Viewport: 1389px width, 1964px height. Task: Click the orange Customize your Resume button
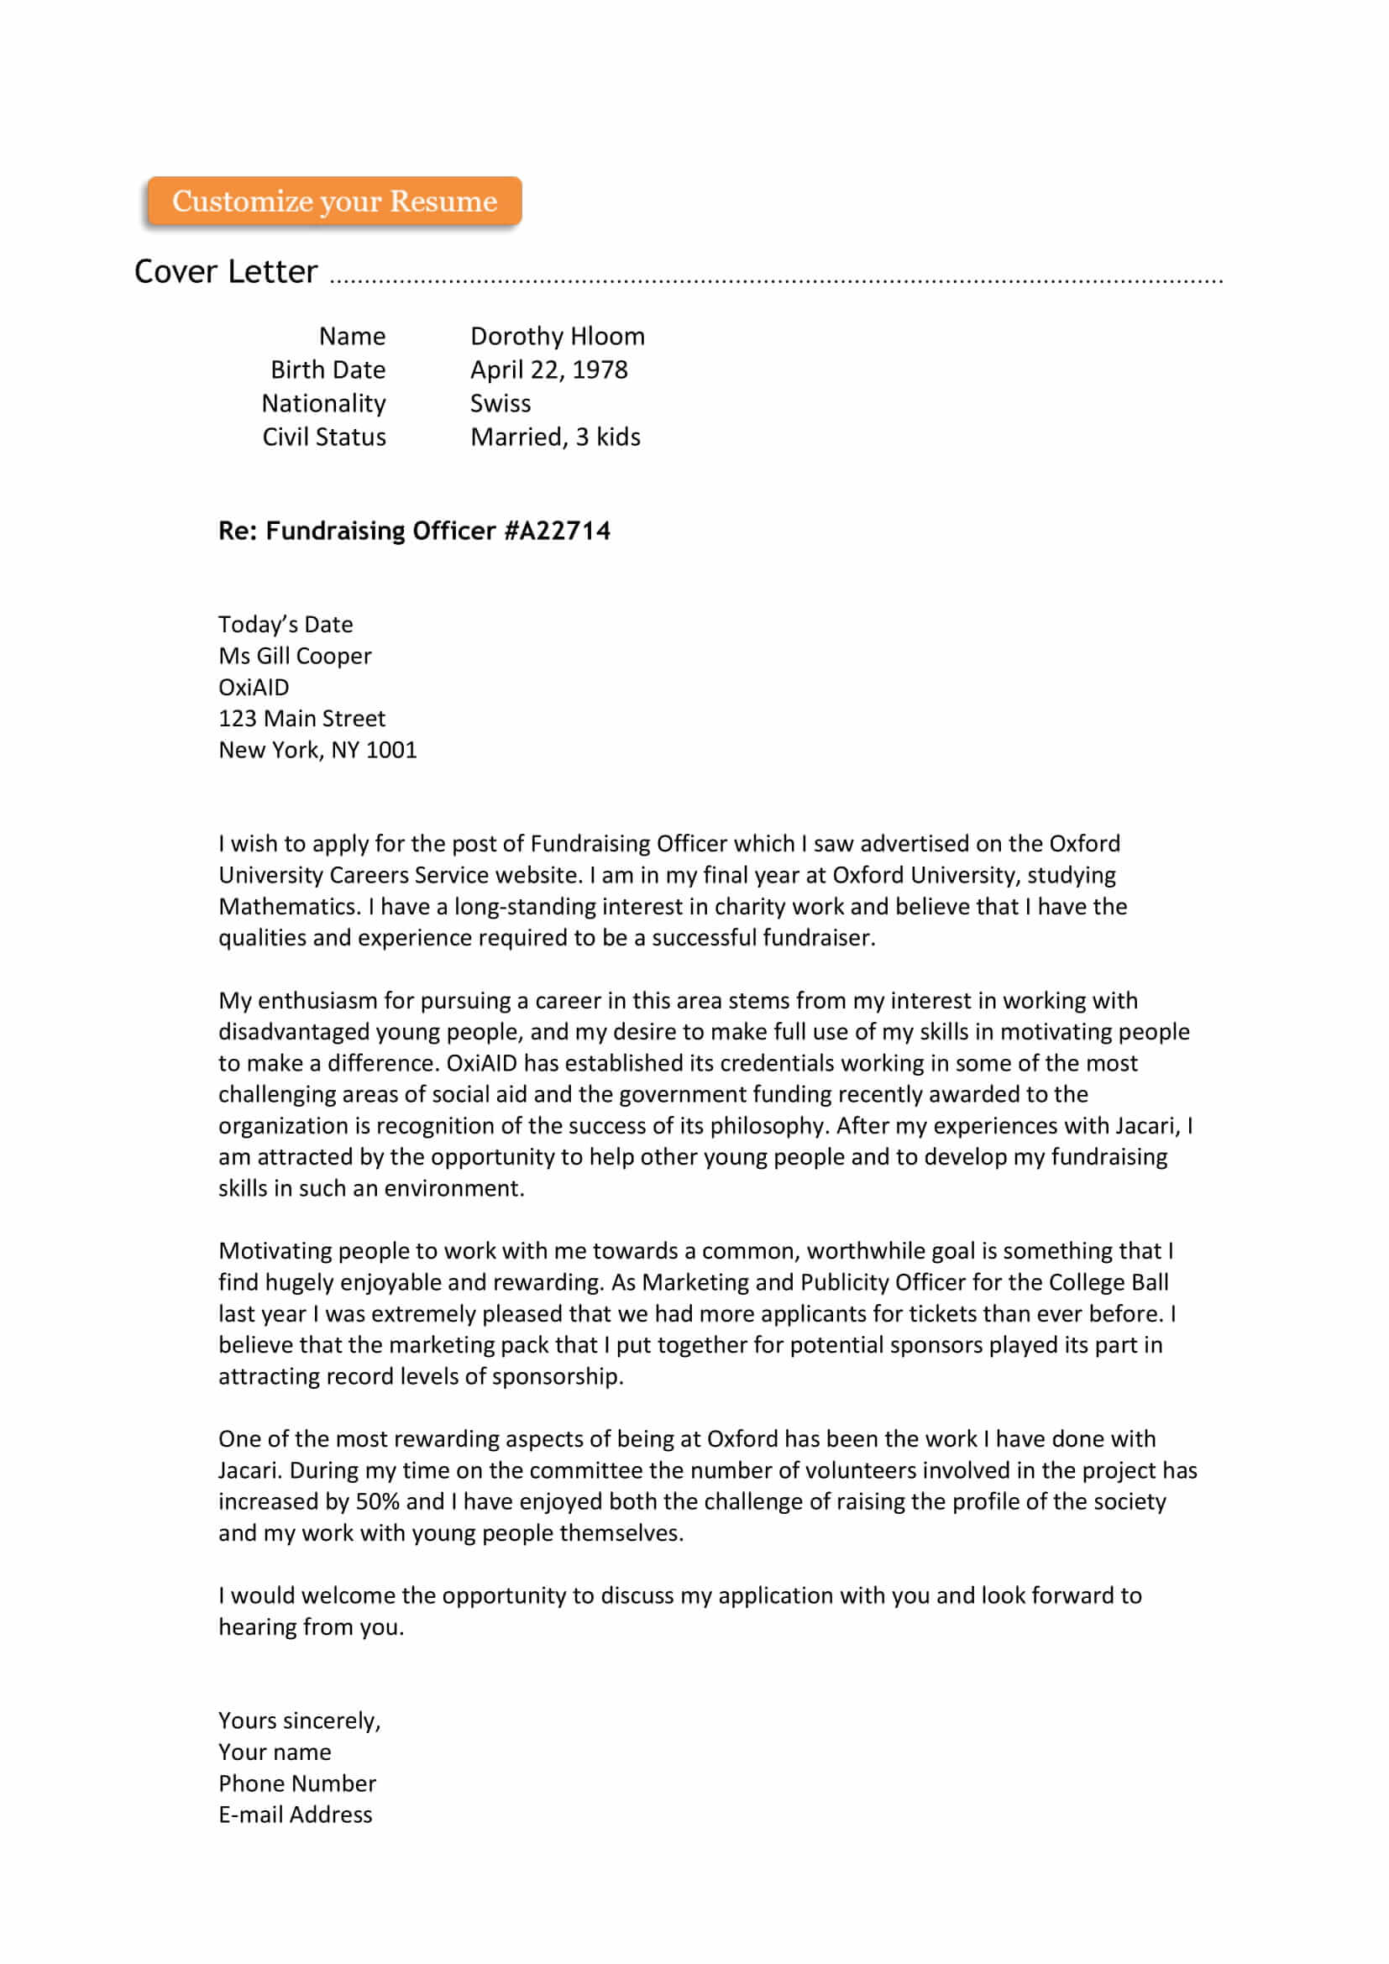click(x=334, y=202)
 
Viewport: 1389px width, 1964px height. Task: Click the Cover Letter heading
click(x=226, y=272)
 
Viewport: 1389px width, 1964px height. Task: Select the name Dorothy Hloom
click(x=557, y=336)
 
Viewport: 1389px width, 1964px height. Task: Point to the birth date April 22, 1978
click(x=548, y=369)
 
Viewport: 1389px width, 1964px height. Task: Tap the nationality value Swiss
click(x=501, y=403)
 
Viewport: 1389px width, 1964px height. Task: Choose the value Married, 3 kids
click(x=555, y=437)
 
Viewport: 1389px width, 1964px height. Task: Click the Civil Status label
click(x=324, y=437)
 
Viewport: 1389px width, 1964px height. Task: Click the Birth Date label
click(x=328, y=369)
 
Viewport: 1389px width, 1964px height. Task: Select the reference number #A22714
click(x=557, y=532)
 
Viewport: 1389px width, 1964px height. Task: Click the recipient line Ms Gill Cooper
click(x=295, y=656)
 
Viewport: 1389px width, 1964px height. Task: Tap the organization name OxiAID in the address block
click(x=254, y=688)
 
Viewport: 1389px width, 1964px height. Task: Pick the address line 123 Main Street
click(x=302, y=719)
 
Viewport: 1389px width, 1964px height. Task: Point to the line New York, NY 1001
click(x=317, y=750)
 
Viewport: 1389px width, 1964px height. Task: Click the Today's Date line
click(x=286, y=625)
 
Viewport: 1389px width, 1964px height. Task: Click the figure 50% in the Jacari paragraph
click(x=377, y=1502)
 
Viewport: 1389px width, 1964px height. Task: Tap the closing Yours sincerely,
click(x=299, y=1721)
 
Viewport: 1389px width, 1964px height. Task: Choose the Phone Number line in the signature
click(x=296, y=1783)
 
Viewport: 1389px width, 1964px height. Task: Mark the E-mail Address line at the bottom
click(x=295, y=1815)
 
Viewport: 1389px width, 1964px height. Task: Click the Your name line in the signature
click(x=275, y=1752)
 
